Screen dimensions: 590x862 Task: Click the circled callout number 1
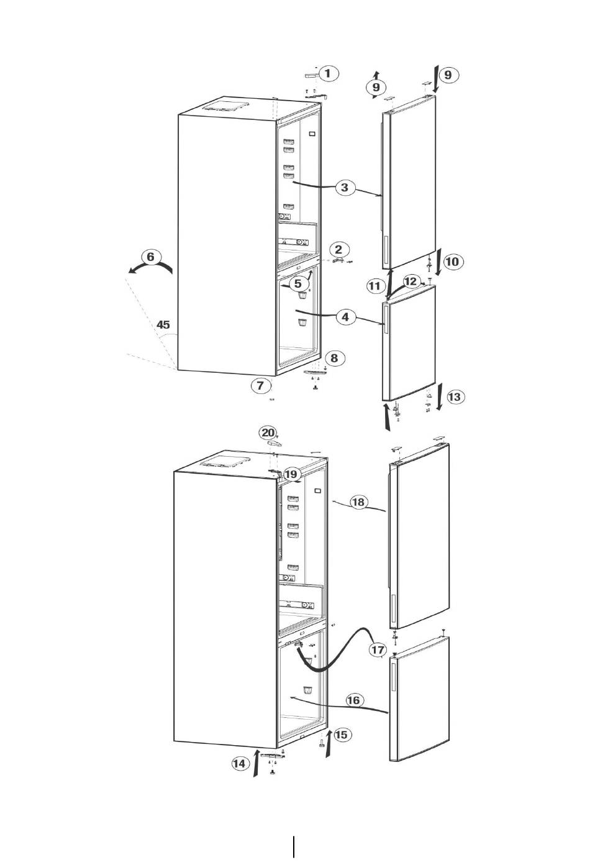pos(328,73)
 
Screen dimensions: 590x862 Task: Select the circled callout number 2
pos(338,249)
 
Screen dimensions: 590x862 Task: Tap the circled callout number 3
pos(345,188)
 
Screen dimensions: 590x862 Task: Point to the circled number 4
pos(345,317)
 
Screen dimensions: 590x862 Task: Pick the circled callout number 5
pos(298,283)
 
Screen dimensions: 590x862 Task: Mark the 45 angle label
pos(163,325)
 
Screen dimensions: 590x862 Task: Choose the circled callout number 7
pos(261,385)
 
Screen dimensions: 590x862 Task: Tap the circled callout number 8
pos(334,358)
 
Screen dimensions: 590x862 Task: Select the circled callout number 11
pos(374,286)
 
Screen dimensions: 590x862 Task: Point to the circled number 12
pos(411,282)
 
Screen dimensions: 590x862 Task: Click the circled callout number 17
pos(378,649)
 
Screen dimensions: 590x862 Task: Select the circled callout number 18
pos(358,502)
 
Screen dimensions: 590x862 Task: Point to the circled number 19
pos(291,474)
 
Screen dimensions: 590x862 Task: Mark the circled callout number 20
pos(268,433)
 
